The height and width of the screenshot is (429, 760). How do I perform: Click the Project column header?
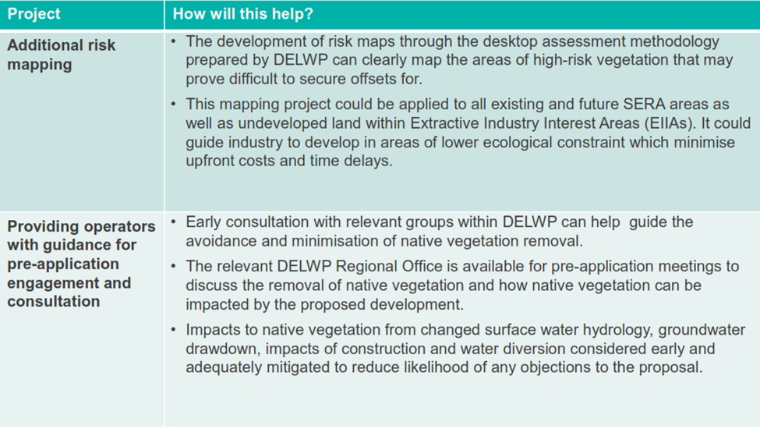point(34,14)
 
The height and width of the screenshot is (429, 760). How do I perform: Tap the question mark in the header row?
point(309,13)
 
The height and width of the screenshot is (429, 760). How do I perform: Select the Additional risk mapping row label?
point(61,55)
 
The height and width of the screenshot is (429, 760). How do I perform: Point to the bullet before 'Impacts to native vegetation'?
point(174,330)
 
